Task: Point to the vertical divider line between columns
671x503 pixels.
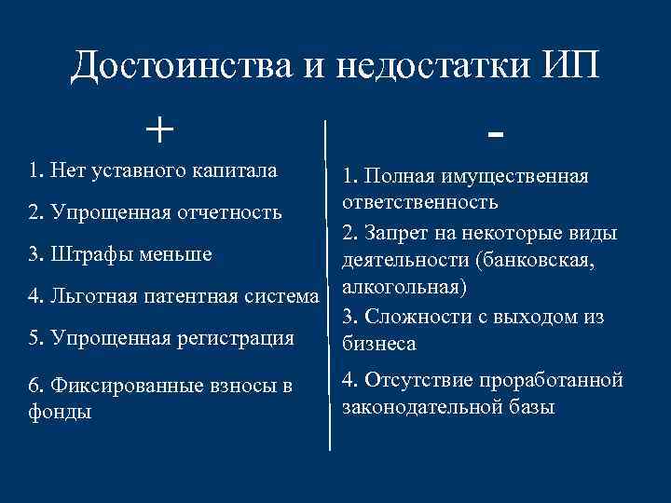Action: click(328, 279)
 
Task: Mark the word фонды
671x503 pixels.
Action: click(61, 411)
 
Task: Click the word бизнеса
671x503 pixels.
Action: click(378, 344)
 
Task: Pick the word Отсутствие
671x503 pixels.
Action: click(416, 380)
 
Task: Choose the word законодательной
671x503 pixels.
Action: click(421, 407)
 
